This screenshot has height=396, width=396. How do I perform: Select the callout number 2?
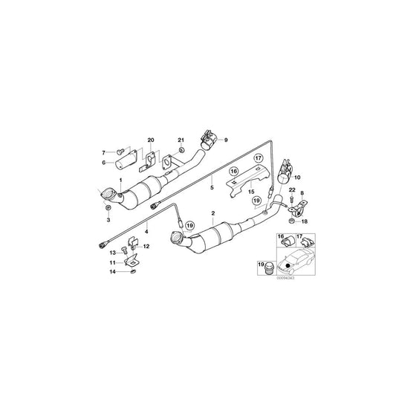pos(213,214)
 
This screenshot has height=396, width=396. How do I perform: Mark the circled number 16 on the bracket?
pos(235,171)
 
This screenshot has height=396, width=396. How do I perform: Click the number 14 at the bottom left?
pos(112,273)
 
